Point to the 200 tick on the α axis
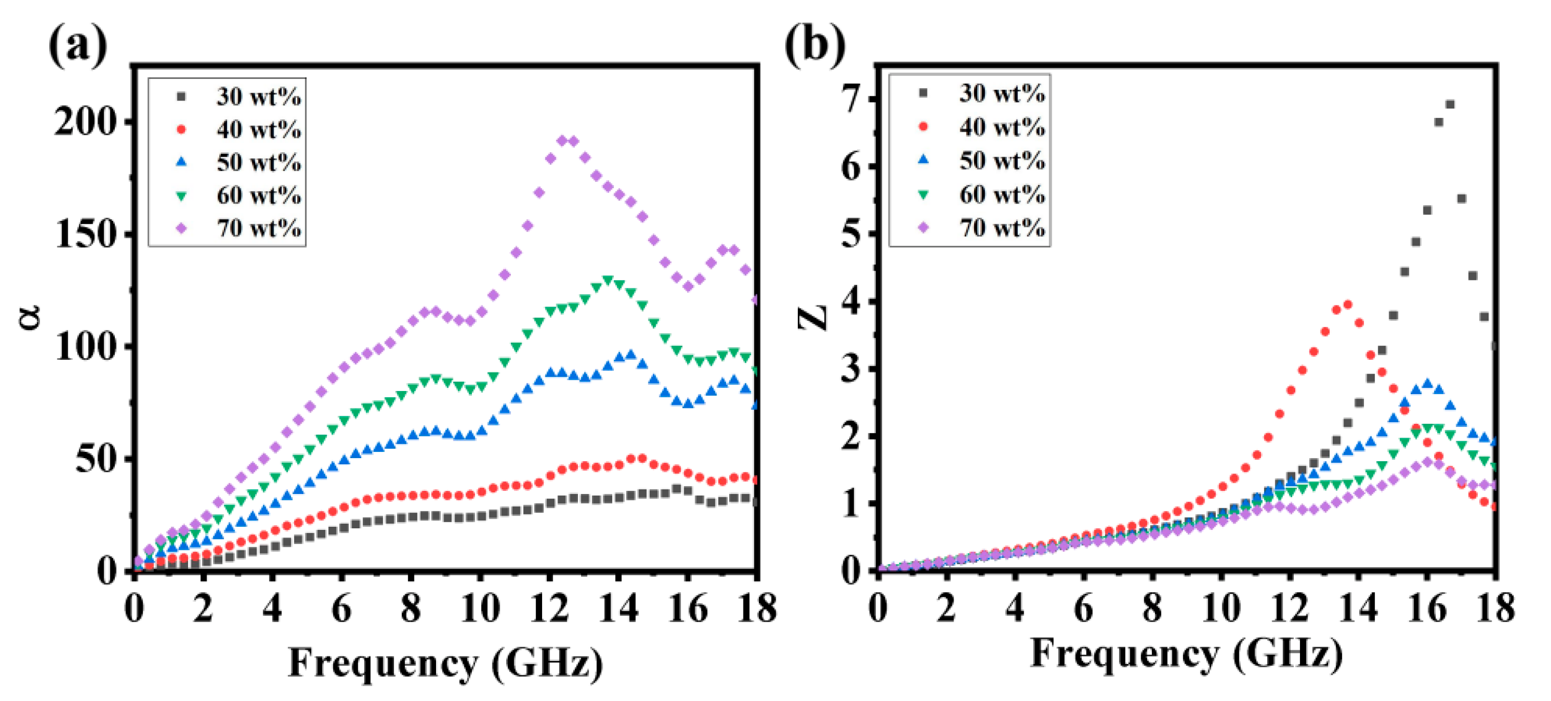(x=86, y=122)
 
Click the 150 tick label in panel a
(x=86, y=234)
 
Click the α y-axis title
(x=30, y=317)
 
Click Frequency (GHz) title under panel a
(x=446, y=663)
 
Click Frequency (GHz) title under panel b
(x=1186, y=653)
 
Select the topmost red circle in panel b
(x=1348, y=305)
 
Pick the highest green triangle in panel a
(x=608, y=280)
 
